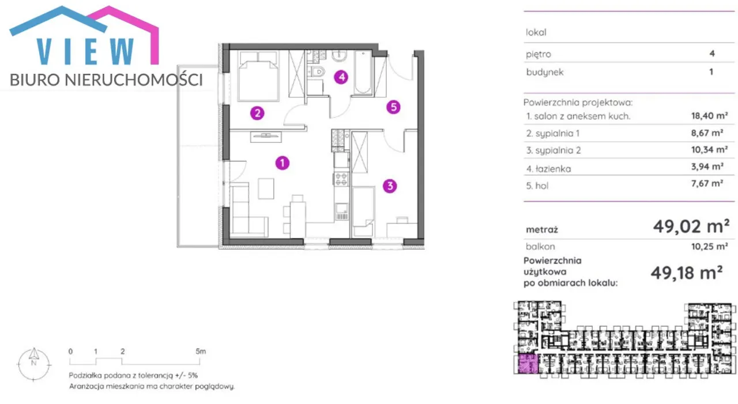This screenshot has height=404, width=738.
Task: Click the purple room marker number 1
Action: point(283,163)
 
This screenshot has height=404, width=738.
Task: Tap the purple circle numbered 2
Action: point(257,114)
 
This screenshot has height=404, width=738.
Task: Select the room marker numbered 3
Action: point(390,186)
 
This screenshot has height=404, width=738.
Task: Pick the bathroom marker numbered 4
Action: point(341,77)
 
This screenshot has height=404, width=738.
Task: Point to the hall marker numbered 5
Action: point(393,107)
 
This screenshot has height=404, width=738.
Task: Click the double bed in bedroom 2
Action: point(258,76)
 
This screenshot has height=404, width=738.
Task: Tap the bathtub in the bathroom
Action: point(363,73)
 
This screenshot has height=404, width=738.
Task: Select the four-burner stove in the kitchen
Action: point(341,179)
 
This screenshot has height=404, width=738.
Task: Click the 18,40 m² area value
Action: point(709,116)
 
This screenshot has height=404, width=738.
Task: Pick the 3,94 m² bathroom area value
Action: point(707,167)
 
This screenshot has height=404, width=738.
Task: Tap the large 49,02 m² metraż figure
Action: point(691,226)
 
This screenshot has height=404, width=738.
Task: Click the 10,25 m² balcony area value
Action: point(709,246)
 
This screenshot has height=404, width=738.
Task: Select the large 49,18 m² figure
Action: point(687,273)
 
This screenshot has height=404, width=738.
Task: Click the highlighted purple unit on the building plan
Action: point(528,364)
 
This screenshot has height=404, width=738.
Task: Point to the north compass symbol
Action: point(34,364)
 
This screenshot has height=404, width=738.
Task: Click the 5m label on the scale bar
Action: point(201,352)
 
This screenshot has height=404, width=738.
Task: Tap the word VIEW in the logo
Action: point(85,51)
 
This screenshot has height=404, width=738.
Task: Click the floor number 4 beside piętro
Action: point(712,54)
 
